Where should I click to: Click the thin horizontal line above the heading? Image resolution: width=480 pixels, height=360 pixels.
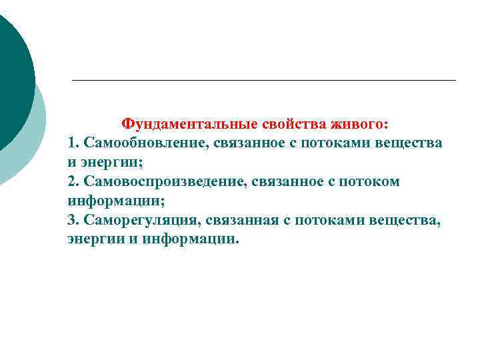click(x=263, y=81)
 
